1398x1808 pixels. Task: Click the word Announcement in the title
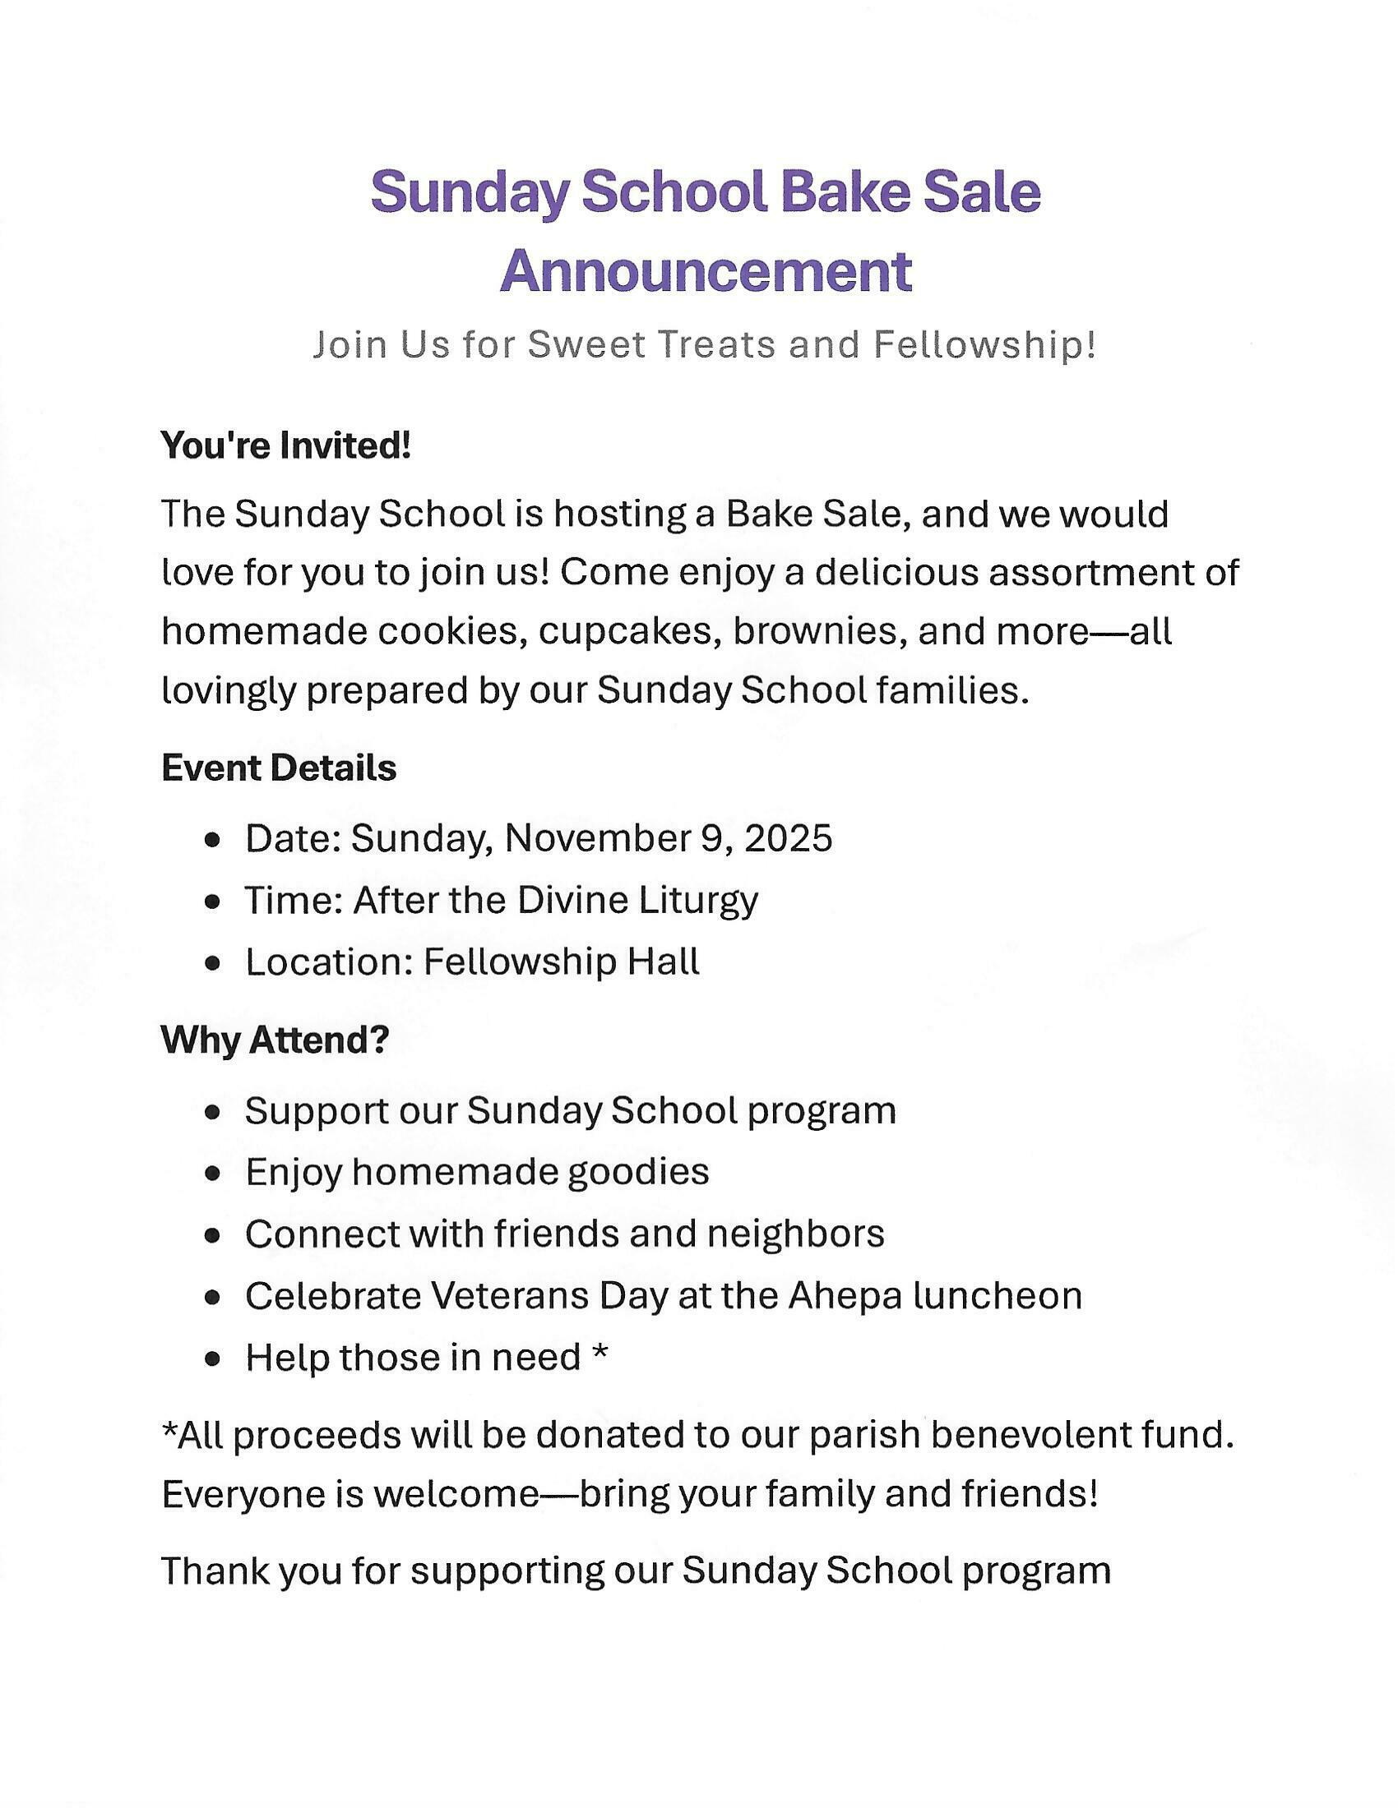pos(706,270)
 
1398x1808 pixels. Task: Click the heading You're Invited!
pos(285,446)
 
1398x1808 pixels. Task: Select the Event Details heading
pos(279,768)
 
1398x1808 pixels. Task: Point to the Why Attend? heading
pos(275,1040)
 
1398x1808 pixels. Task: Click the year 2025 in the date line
pos(788,837)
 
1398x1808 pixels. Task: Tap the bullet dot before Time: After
pos(214,902)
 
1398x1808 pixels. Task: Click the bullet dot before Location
pos(214,964)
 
